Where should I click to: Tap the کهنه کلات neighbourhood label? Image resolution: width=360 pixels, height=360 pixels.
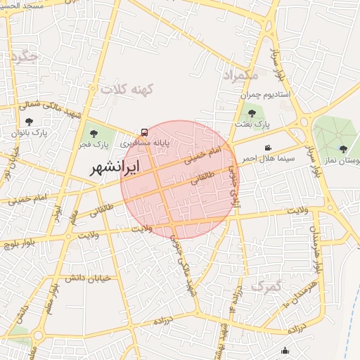point(127,90)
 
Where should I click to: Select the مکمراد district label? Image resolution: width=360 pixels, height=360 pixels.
point(240,74)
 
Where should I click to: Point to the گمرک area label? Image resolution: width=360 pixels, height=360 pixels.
point(265,286)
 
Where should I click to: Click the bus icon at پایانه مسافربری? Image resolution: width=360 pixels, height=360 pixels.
point(144,131)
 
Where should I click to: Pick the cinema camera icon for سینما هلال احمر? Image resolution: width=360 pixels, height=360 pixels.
point(268,148)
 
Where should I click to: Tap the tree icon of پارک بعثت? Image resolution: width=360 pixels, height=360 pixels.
point(252,112)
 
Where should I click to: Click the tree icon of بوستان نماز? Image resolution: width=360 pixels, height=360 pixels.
point(343,148)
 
